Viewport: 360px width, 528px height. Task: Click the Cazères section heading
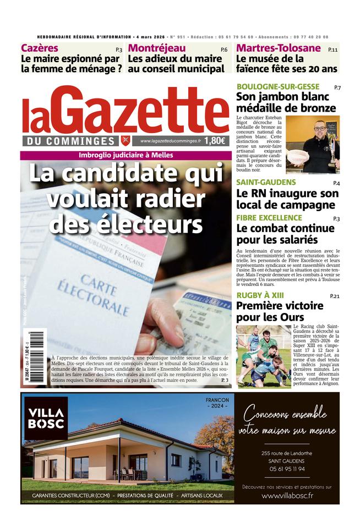pos(40,48)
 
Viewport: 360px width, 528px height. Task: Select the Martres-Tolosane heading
pos(278,48)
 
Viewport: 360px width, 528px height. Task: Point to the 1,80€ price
pos(215,141)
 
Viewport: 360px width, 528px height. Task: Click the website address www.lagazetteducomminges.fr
pos(170,141)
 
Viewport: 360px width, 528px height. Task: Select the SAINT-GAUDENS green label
pos(266,182)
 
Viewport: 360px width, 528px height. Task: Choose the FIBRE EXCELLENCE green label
pos(269,218)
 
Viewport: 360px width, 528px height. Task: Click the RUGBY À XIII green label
pos(260,295)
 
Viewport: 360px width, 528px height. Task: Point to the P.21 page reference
pos(335,296)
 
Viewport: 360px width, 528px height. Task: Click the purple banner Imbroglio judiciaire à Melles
pos(126,155)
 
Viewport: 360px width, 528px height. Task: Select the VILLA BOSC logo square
pos(46,418)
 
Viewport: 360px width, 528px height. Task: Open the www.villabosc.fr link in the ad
pos(287,496)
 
